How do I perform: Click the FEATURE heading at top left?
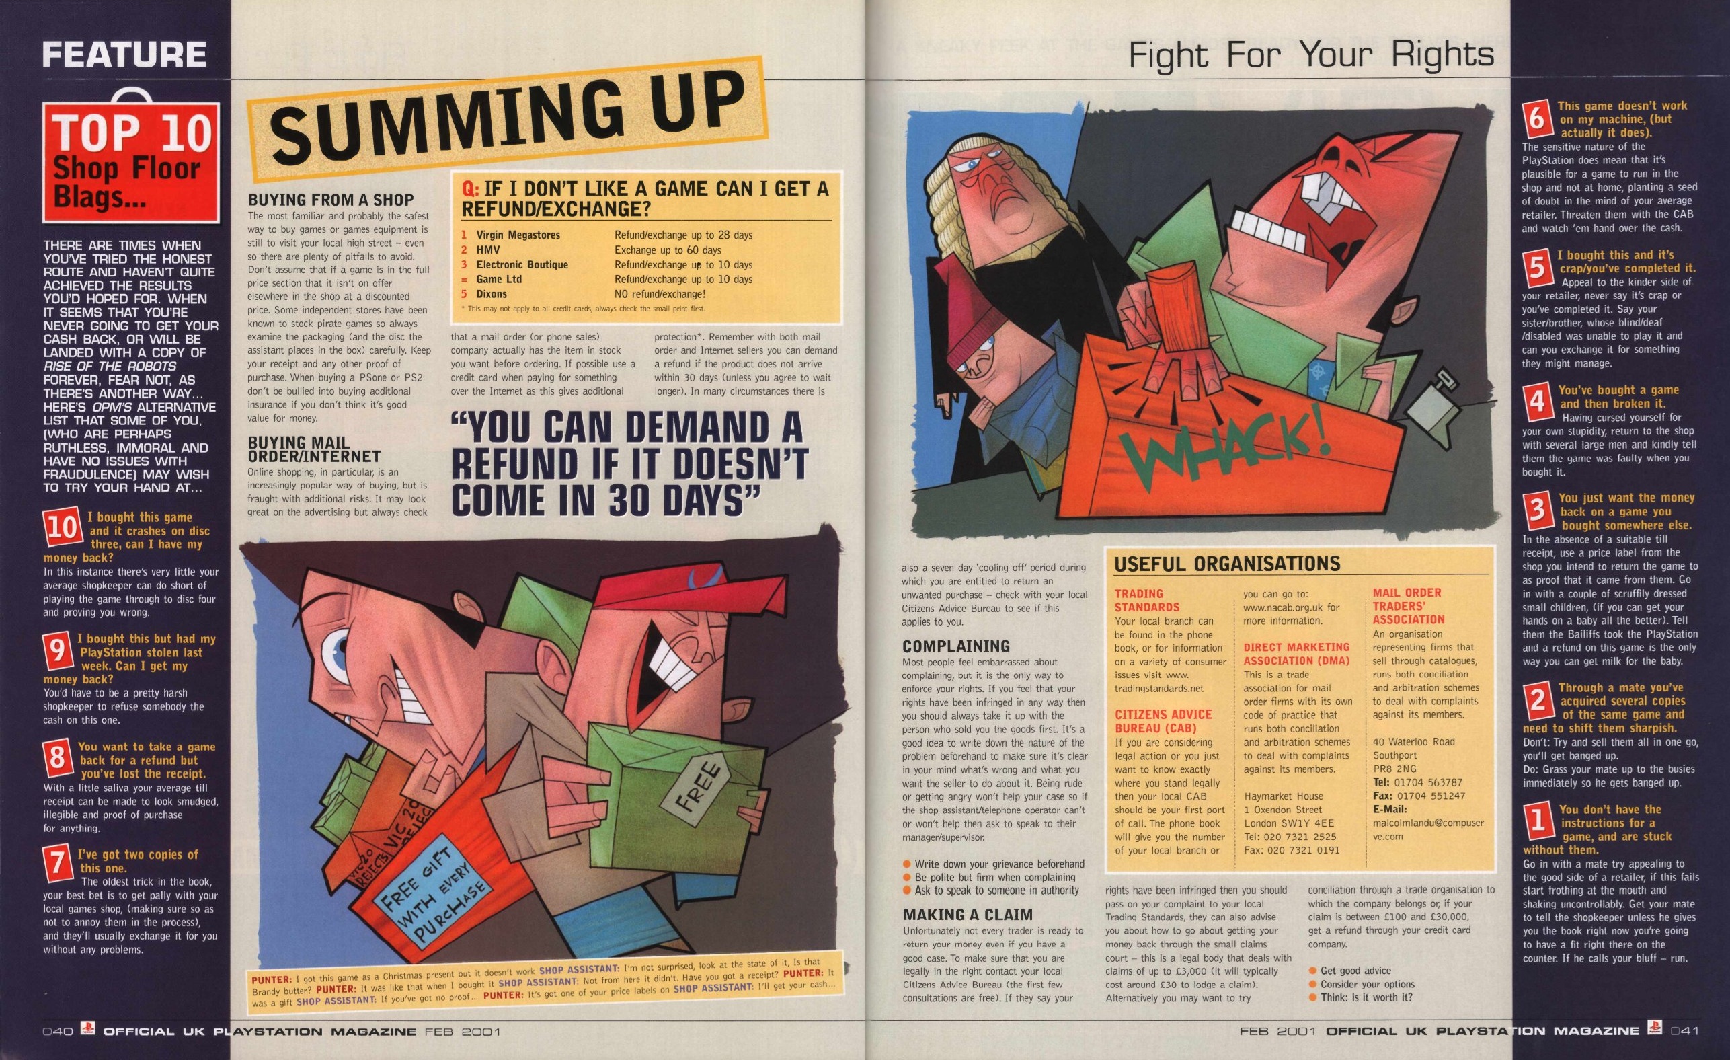click(x=124, y=54)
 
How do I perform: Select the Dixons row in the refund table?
click(x=583, y=295)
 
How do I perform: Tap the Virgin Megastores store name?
click(x=518, y=235)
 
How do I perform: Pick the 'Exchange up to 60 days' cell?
click(x=668, y=250)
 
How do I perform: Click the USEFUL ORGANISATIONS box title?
click(x=1227, y=564)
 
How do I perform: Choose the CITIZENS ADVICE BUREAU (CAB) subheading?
click(x=1163, y=722)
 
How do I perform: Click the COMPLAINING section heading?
click(x=955, y=646)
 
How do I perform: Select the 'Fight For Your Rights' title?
click(x=1311, y=54)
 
